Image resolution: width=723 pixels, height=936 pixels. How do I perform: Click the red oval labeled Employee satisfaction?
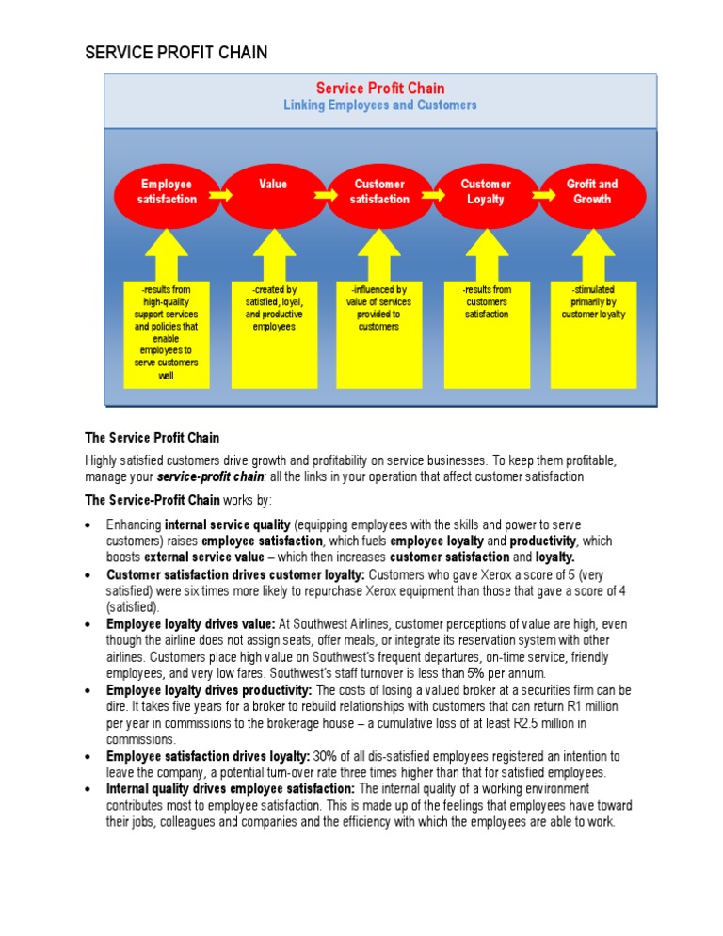167,192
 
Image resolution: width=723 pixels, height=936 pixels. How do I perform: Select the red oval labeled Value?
273,192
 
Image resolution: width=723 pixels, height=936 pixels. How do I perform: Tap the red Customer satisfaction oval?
379,192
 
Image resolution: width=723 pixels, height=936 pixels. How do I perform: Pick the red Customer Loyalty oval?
486,192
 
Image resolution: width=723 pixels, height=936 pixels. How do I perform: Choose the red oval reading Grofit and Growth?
591,192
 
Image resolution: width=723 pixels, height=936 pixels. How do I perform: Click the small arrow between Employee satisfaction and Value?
220,194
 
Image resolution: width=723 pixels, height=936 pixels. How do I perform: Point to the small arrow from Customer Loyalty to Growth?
539,194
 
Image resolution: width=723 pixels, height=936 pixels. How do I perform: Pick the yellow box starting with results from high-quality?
167,333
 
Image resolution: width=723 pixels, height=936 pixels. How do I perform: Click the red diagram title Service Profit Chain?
379,89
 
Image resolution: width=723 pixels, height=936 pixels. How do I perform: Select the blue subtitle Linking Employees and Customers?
379,105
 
